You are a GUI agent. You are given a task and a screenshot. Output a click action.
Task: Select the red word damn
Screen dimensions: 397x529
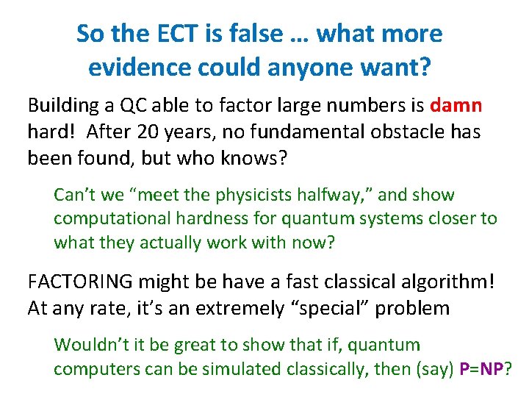[x=456, y=105]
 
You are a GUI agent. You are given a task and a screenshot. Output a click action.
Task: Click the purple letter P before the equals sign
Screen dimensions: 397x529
[x=464, y=368]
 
